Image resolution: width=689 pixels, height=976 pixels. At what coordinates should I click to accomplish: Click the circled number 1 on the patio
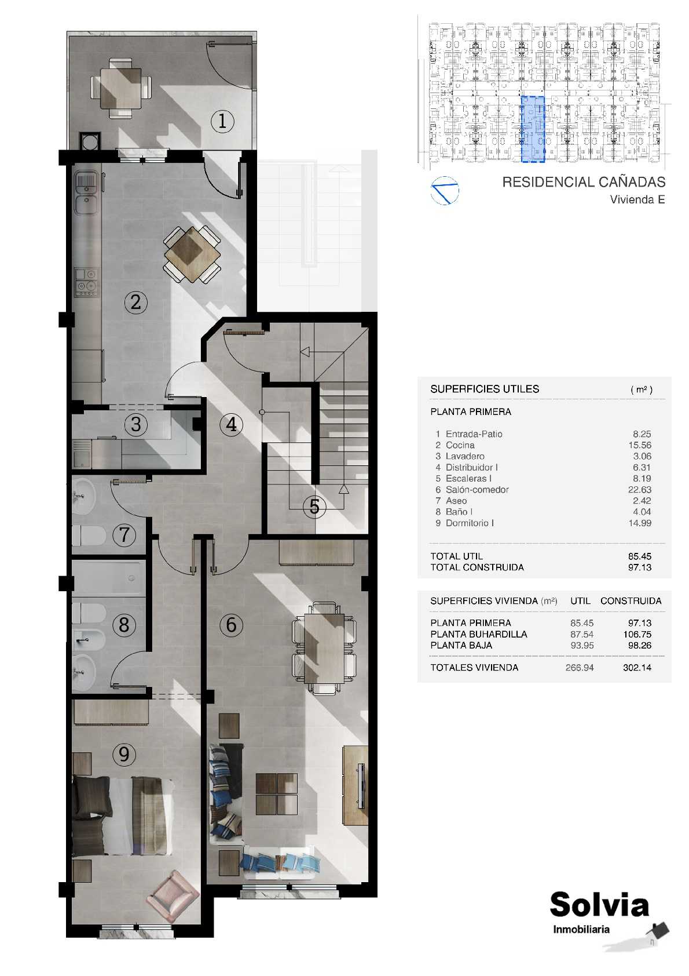click(222, 121)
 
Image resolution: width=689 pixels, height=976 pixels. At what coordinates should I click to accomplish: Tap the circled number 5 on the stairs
click(314, 507)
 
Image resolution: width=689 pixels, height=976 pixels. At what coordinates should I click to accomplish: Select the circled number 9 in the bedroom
click(124, 754)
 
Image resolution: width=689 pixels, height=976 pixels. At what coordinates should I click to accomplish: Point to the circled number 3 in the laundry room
click(136, 424)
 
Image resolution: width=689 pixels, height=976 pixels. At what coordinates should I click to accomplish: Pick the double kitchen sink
click(87, 192)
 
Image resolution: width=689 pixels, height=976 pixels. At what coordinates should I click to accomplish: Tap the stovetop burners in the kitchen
click(86, 282)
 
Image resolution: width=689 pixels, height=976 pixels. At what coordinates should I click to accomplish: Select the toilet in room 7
click(89, 536)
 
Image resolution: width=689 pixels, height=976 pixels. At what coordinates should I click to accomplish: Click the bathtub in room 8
click(108, 578)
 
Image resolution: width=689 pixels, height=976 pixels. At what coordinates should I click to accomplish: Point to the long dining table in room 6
click(324, 648)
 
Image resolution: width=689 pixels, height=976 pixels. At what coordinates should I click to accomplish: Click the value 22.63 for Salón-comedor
click(639, 490)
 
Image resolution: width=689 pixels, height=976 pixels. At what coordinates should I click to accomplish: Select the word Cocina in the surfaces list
click(460, 445)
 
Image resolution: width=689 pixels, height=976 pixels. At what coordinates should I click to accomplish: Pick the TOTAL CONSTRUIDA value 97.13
click(639, 567)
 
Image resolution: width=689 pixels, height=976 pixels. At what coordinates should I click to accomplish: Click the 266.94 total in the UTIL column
click(580, 668)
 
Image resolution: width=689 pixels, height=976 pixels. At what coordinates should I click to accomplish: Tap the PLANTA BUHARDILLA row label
click(478, 635)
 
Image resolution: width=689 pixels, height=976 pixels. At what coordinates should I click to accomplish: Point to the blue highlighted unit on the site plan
click(533, 129)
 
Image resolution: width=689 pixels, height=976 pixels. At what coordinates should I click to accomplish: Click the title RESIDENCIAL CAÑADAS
click(584, 182)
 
